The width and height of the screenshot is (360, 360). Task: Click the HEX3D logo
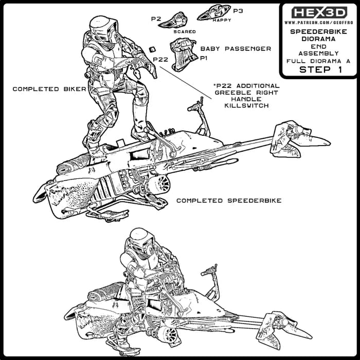click(x=319, y=12)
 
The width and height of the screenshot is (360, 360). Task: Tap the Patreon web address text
click(x=319, y=23)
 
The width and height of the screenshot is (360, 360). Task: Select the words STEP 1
click(x=320, y=69)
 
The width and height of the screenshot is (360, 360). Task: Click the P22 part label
click(x=160, y=60)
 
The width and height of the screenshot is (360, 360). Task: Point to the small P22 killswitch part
click(x=152, y=49)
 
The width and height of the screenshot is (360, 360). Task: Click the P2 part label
click(x=156, y=19)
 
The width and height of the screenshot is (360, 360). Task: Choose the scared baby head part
click(x=174, y=21)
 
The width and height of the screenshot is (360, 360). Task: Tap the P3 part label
click(x=238, y=11)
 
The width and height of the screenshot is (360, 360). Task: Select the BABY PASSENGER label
click(x=236, y=49)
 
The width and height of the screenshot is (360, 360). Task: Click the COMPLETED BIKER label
click(x=49, y=89)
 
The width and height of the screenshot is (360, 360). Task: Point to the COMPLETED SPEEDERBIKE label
click(x=229, y=201)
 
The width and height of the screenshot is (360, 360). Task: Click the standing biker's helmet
click(x=104, y=29)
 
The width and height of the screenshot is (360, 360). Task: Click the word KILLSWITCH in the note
click(x=246, y=105)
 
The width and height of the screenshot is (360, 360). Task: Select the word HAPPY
click(x=222, y=20)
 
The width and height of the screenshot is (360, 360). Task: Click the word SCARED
click(x=185, y=32)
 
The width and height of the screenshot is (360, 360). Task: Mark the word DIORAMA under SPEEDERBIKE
click(x=318, y=39)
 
